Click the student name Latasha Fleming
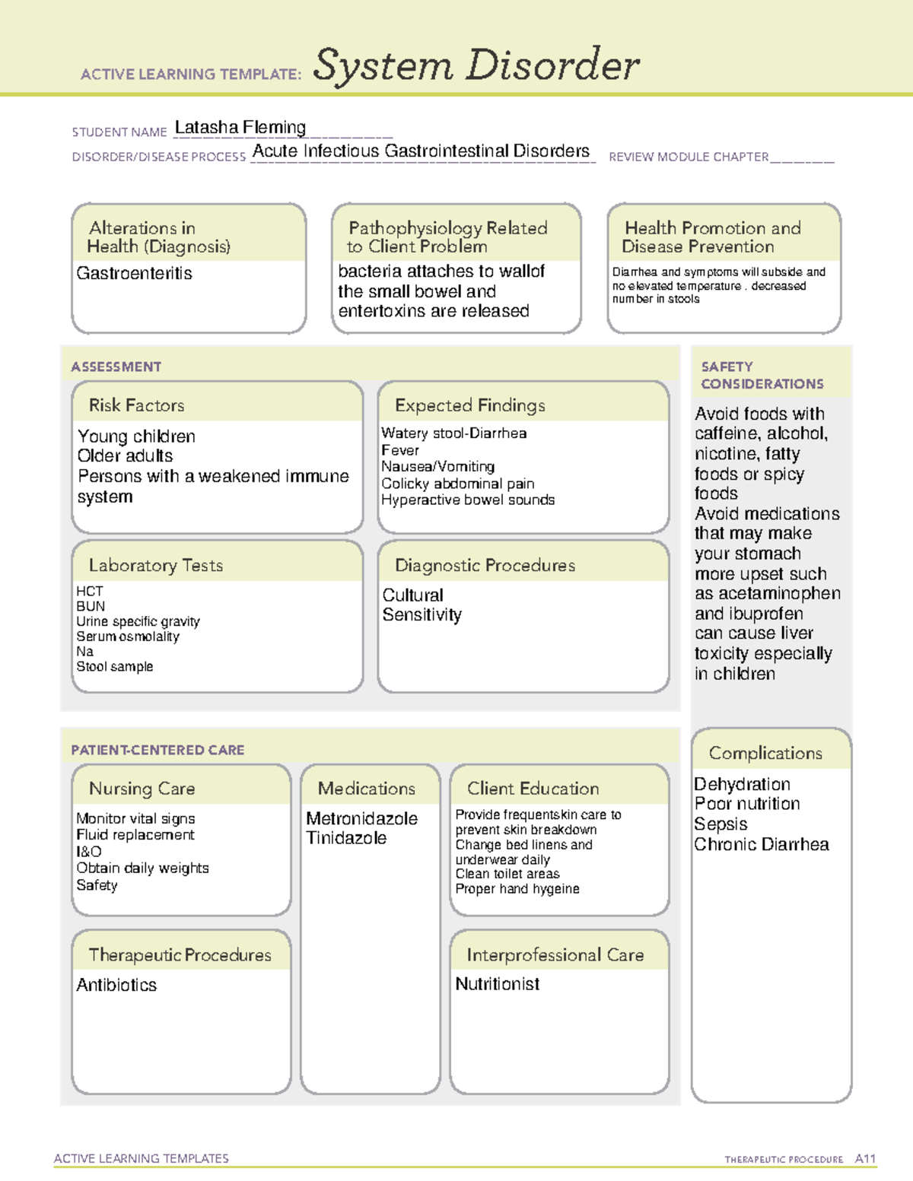(240, 128)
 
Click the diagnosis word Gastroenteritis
(135, 273)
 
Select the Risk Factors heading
(137, 405)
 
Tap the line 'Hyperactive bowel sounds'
(468, 500)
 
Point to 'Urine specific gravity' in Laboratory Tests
(138, 621)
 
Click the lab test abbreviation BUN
(91, 606)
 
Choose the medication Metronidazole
(361, 818)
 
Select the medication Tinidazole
(346, 838)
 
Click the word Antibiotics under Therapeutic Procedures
(116, 985)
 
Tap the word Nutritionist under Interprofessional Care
(498, 984)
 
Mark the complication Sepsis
(721, 824)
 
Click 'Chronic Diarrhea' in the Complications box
(762, 844)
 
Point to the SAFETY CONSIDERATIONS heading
(762, 375)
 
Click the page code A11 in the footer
(865, 1158)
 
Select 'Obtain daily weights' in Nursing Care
(142, 868)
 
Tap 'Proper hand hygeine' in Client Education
(517, 889)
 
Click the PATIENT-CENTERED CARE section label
(158, 750)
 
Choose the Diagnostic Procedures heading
(485, 565)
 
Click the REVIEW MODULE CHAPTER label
(689, 157)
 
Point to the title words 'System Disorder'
(476, 65)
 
